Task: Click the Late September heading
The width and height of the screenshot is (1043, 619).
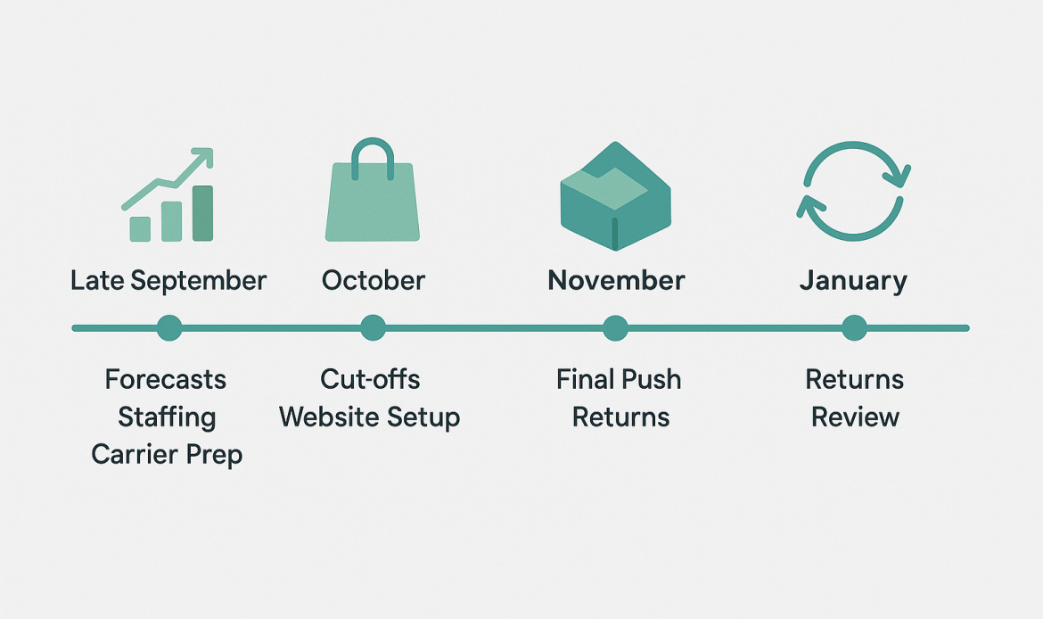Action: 168,281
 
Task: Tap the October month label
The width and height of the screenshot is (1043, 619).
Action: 374,280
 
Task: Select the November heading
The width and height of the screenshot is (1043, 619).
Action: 616,280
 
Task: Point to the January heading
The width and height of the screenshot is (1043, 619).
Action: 853,281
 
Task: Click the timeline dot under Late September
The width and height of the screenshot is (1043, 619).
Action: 169,328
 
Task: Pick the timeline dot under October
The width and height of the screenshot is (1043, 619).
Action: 374,328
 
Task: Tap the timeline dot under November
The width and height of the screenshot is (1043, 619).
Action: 615,328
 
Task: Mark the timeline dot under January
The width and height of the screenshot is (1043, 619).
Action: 854,328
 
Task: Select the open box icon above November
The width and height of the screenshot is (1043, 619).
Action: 616,196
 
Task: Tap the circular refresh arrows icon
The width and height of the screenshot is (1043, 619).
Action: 853,191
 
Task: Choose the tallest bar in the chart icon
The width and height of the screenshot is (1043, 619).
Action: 203,213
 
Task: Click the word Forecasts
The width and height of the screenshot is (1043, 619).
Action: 166,379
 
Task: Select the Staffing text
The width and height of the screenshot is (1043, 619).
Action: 167,417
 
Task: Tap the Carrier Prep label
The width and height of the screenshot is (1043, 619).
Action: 167,455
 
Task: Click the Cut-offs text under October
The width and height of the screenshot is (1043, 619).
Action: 370,379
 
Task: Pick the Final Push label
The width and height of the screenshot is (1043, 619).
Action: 619,379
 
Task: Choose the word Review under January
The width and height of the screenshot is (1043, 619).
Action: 856,417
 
